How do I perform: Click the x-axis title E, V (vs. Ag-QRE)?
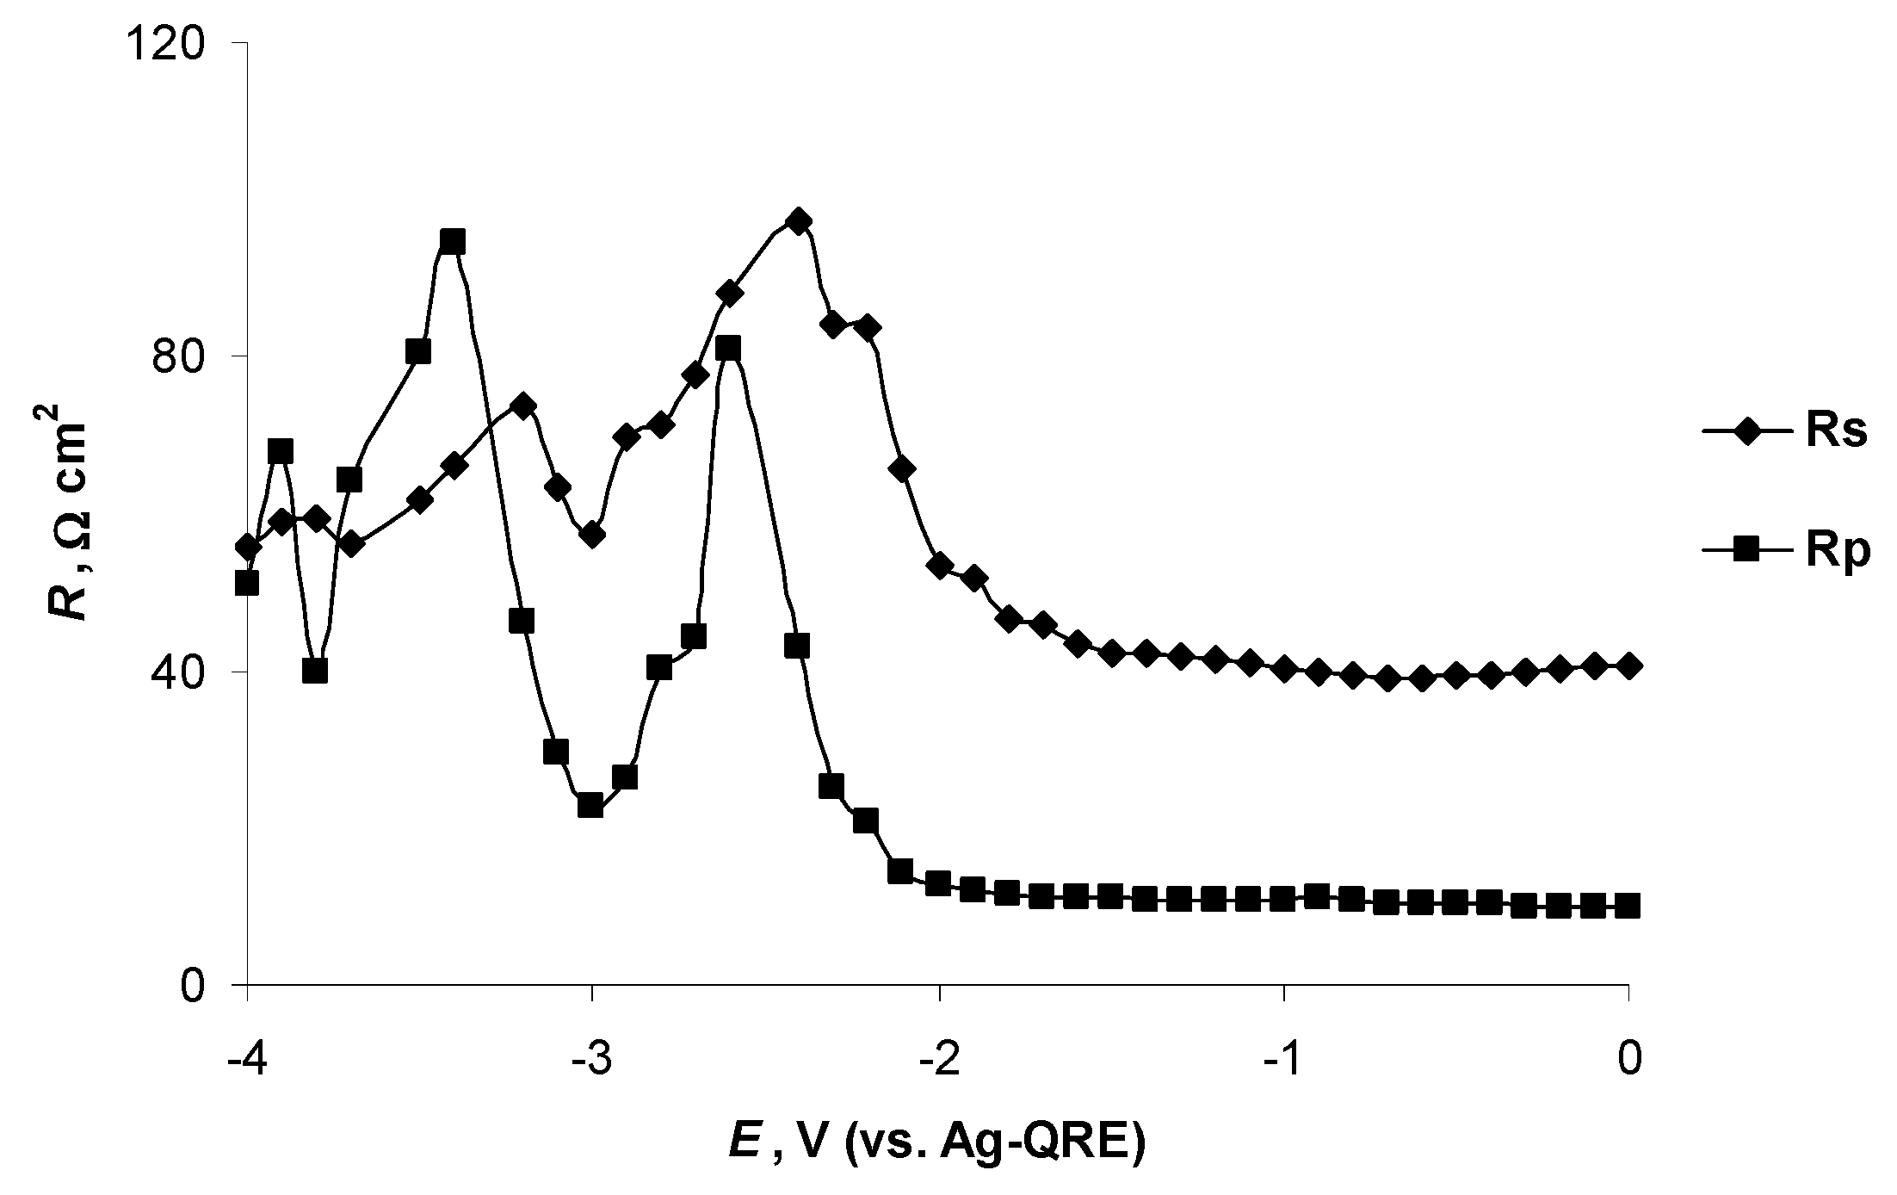(937, 1144)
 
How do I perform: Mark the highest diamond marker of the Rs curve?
(799, 221)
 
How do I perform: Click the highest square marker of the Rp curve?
(453, 242)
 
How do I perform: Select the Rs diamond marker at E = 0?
(1628, 665)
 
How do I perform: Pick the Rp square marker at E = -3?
(590, 806)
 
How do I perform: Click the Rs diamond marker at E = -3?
(592, 535)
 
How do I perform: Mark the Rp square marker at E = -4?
(247, 584)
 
